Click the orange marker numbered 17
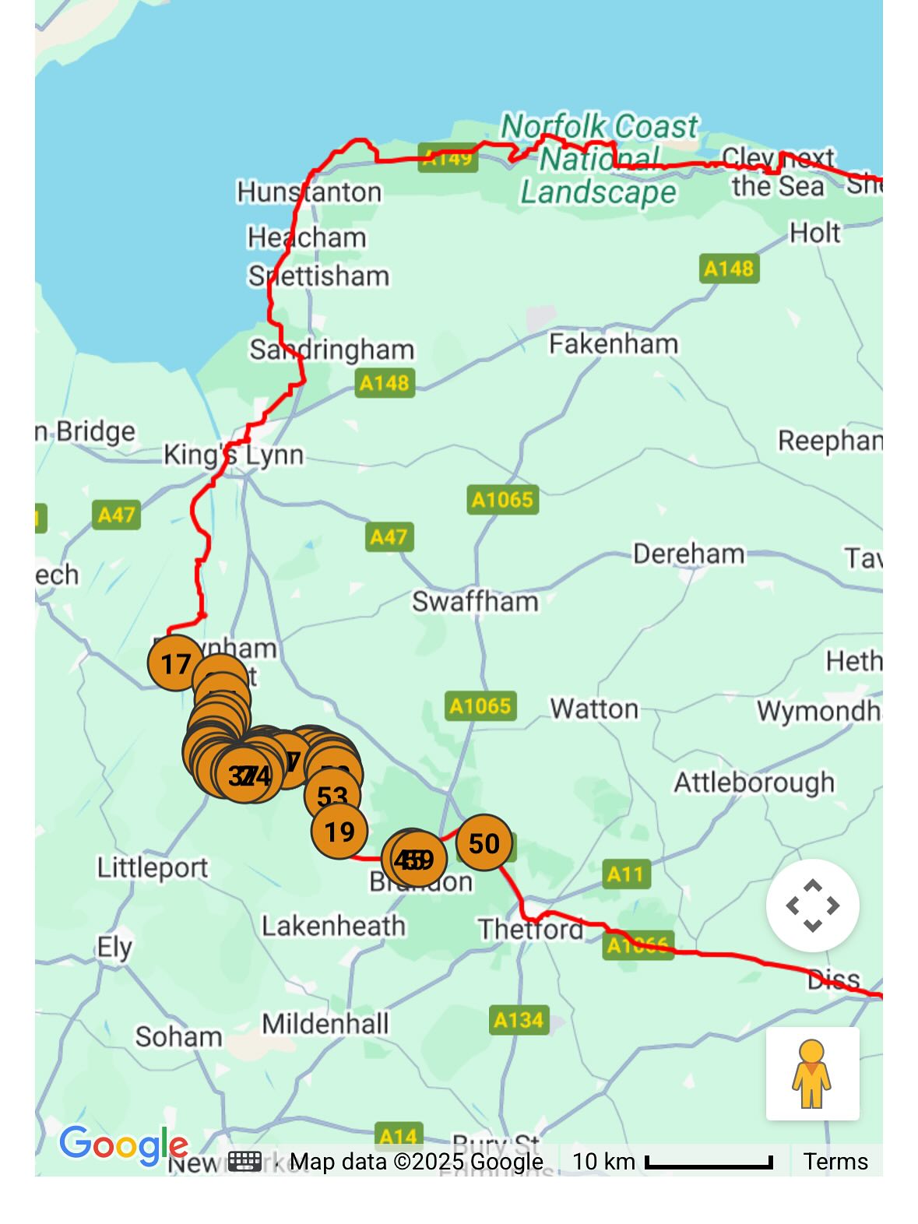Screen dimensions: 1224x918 pyautogui.click(x=175, y=663)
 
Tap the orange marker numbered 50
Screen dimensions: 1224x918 pyautogui.click(x=484, y=843)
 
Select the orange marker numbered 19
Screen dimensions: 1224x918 pyautogui.click(x=339, y=832)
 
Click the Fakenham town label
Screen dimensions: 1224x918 pyautogui.click(x=614, y=343)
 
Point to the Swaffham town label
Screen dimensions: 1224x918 pyautogui.click(x=475, y=601)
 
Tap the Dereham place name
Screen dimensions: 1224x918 pyautogui.click(x=688, y=554)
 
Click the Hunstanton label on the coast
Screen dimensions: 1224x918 pyautogui.click(x=309, y=192)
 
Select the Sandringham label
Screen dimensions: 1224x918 pyautogui.click(x=332, y=350)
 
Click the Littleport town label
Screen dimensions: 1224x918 pyautogui.click(x=153, y=867)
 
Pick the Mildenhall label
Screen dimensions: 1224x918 pyautogui.click(x=325, y=1023)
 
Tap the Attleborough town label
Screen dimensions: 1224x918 pyautogui.click(x=754, y=782)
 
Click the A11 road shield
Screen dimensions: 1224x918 pyautogui.click(x=625, y=874)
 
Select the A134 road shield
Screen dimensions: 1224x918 pyautogui.click(x=519, y=1019)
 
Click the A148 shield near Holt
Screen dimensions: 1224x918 pyautogui.click(x=729, y=269)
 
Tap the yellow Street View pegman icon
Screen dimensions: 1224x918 pyautogui.click(x=812, y=1074)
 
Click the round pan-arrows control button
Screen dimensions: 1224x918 pyautogui.click(x=812, y=906)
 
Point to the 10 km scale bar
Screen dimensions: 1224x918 pyautogui.click(x=709, y=1162)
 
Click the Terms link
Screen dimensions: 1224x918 pyautogui.click(x=835, y=1162)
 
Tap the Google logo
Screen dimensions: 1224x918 pyautogui.click(x=123, y=1145)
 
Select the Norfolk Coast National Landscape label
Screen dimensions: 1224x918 pyautogui.click(x=599, y=159)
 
